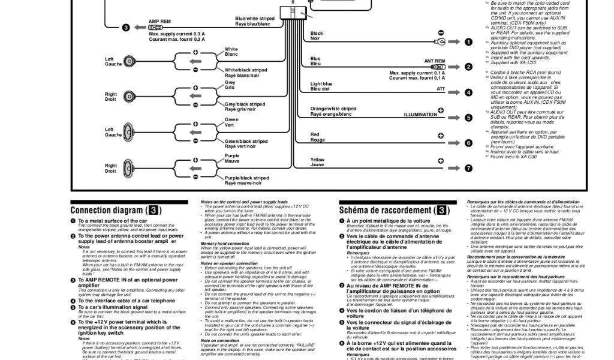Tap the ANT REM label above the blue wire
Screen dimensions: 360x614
point(435,61)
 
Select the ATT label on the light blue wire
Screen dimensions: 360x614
point(441,88)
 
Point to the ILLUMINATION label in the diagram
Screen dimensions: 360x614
point(420,114)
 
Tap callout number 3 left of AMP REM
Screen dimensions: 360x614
point(126,28)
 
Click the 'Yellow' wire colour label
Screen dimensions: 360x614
point(317,160)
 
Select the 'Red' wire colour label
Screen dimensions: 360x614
point(315,134)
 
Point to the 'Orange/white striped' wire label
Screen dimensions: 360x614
point(333,109)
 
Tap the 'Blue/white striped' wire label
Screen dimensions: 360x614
point(255,19)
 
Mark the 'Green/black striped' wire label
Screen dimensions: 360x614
point(246,142)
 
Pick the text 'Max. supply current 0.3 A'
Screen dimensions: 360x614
point(176,34)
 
